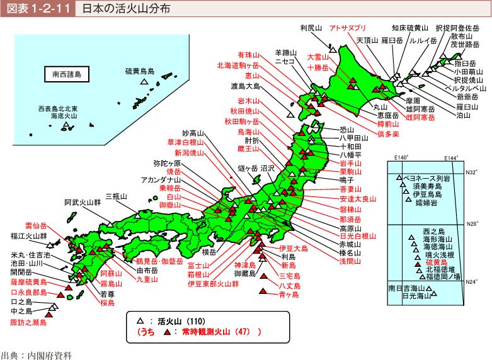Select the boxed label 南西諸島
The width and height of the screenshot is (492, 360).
[67, 74]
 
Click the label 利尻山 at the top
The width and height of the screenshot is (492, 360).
[311, 28]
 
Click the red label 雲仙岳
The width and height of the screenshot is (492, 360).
[37, 224]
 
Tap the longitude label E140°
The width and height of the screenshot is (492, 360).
[401, 157]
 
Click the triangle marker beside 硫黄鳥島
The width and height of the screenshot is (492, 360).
[144, 81]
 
